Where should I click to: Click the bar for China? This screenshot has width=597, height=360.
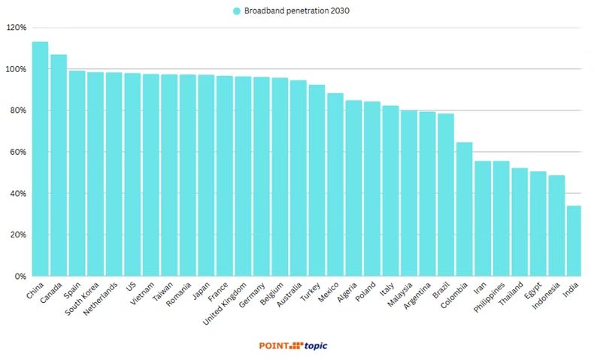pos(40,159)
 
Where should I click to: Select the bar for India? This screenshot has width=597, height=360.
pos(574,241)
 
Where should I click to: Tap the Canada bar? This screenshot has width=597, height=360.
pos(59,165)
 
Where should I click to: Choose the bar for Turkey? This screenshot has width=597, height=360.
pos(317,180)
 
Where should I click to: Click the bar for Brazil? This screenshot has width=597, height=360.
pos(445,195)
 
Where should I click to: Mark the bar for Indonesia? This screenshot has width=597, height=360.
pos(556,225)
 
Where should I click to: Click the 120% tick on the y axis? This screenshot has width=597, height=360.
pos(16,28)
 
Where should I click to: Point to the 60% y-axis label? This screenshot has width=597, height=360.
pos(17,152)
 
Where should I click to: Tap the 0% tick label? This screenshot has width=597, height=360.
pos(19,277)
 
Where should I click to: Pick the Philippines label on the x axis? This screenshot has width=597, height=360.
pos(488,300)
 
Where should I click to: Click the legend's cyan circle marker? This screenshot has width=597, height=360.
pos(237,11)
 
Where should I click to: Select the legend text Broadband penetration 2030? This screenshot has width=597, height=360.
pos(296,11)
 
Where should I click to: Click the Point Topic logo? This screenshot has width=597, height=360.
pos(293,346)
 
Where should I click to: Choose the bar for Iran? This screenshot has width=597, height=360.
pos(482,219)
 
